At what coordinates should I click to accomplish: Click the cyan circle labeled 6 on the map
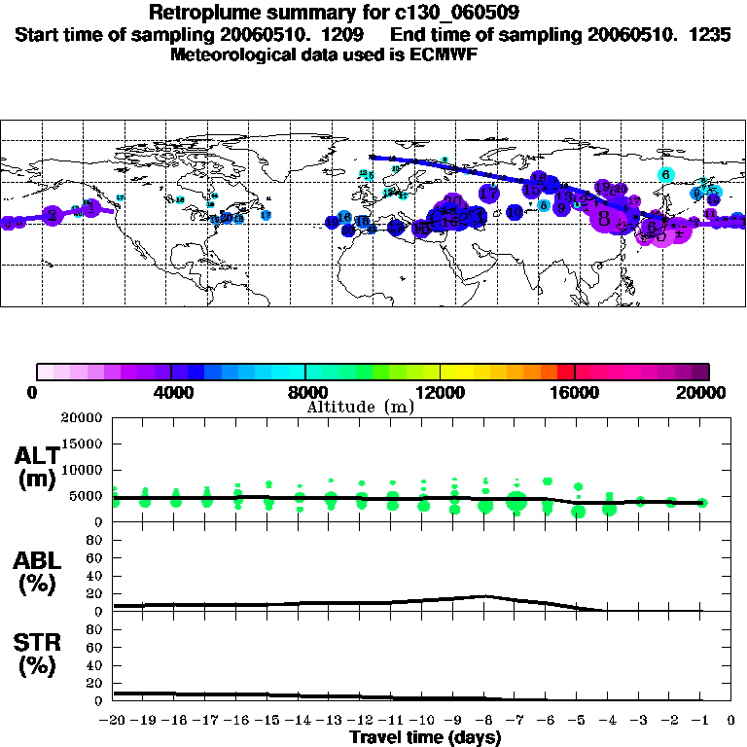[x=666, y=175]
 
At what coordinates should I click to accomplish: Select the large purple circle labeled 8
[x=605, y=219]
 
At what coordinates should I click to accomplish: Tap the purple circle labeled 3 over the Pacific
[x=51, y=214]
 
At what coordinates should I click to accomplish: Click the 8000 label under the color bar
[x=305, y=393]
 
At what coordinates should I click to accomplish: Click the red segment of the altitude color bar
[x=566, y=372]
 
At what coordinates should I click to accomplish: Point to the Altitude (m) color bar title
[x=360, y=407]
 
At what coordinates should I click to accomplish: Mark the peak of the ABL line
[x=485, y=596]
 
